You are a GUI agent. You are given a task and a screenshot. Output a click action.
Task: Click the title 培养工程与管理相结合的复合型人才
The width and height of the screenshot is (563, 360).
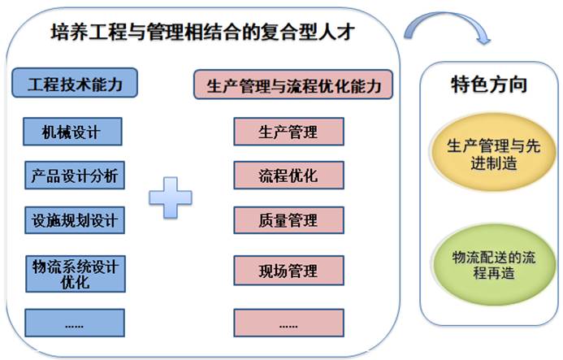(203, 32)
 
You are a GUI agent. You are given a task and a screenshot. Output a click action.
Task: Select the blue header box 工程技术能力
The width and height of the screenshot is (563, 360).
(75, 83)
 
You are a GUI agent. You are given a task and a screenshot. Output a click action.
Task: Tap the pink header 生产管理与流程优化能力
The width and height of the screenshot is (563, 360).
(293, 85)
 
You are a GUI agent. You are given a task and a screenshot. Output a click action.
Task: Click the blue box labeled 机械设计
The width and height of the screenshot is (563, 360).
(72, 132)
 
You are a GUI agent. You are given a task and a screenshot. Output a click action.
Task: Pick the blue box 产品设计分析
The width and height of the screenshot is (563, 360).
(75, 176)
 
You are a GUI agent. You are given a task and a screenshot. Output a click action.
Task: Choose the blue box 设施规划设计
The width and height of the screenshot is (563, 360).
(75, 220)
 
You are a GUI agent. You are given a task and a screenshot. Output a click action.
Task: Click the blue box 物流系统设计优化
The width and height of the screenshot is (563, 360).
(76, 274)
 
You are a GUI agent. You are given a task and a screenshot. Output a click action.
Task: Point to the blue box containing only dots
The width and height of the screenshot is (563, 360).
(75, 323)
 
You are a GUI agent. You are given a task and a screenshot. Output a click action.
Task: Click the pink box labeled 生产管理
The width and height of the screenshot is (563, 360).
(288, 132)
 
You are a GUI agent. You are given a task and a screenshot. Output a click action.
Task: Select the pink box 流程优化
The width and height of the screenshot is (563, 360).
(288, 176)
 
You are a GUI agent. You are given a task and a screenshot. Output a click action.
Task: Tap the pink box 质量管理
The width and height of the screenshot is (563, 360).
(288, 220)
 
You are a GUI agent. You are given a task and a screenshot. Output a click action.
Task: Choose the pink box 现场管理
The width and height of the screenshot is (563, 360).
(288, 271)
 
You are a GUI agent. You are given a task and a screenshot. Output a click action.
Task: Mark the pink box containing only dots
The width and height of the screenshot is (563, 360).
(288, 323)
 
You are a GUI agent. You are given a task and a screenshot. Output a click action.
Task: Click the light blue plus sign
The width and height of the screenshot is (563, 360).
(171, 197)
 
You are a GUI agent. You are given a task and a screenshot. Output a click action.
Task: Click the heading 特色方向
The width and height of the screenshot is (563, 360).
(489, 85)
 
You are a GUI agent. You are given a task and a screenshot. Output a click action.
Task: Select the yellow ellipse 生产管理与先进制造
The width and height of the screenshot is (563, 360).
(493, 152)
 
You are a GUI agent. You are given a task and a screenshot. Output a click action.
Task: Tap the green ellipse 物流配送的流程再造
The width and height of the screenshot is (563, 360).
(494, 264)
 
